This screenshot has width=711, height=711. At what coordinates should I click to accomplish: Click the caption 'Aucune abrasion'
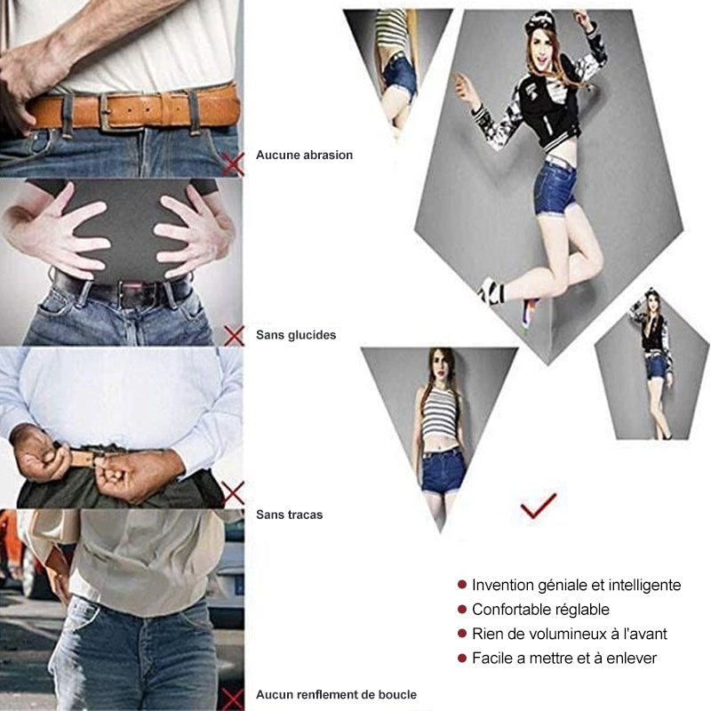tap(304, 155)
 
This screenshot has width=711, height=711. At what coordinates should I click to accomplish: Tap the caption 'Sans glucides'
tap(296, 335)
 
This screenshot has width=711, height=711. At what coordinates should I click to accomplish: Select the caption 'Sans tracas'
tap(289, 515)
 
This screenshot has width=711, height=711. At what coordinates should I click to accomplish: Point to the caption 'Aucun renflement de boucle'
tap(336, 694)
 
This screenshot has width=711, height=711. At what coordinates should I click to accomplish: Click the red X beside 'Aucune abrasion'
tap(234, 162)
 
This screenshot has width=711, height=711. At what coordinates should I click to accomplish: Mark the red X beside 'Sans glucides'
tap(234, 334)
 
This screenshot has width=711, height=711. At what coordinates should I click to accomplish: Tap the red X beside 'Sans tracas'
tap(234, 491)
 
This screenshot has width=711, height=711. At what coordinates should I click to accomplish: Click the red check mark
tap(538, 506)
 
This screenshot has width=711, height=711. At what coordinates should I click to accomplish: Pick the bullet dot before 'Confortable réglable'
tap(462, 609)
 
